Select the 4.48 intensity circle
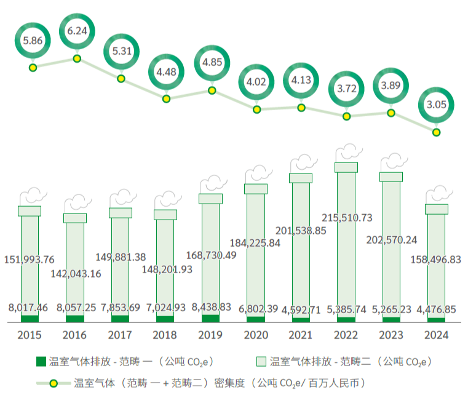coord(167,72)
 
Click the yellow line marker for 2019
coord(212,90)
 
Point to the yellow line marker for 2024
coord(436,132)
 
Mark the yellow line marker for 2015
coord(32,68)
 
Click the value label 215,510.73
coord(347,218)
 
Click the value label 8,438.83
coord(211,307)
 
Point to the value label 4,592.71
coord(301,308)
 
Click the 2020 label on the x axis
coord(256,336)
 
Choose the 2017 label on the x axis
coord(120,336)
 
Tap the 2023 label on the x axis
coord(391,336)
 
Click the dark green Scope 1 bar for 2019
coord(210,319)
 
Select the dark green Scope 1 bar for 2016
coord(75,319)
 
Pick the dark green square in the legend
coord(42,361)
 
